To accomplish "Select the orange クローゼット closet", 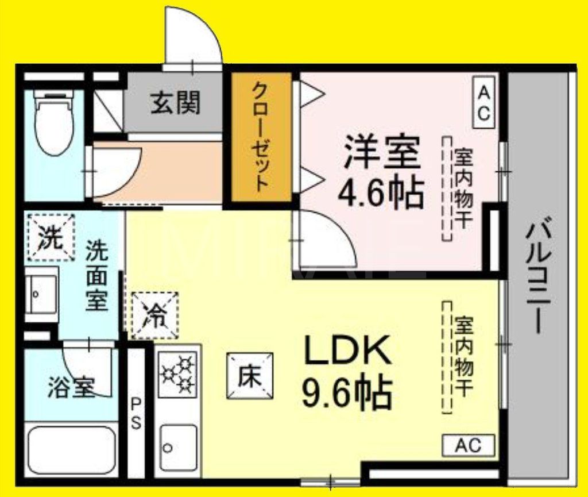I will tap(261, 137).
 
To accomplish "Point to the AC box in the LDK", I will tap(468, 445).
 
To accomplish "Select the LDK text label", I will tap(347, 350).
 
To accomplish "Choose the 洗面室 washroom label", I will tap(97, 275).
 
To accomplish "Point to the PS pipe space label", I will tap(136, 414).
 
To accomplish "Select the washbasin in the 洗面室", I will tap(41, 295).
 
